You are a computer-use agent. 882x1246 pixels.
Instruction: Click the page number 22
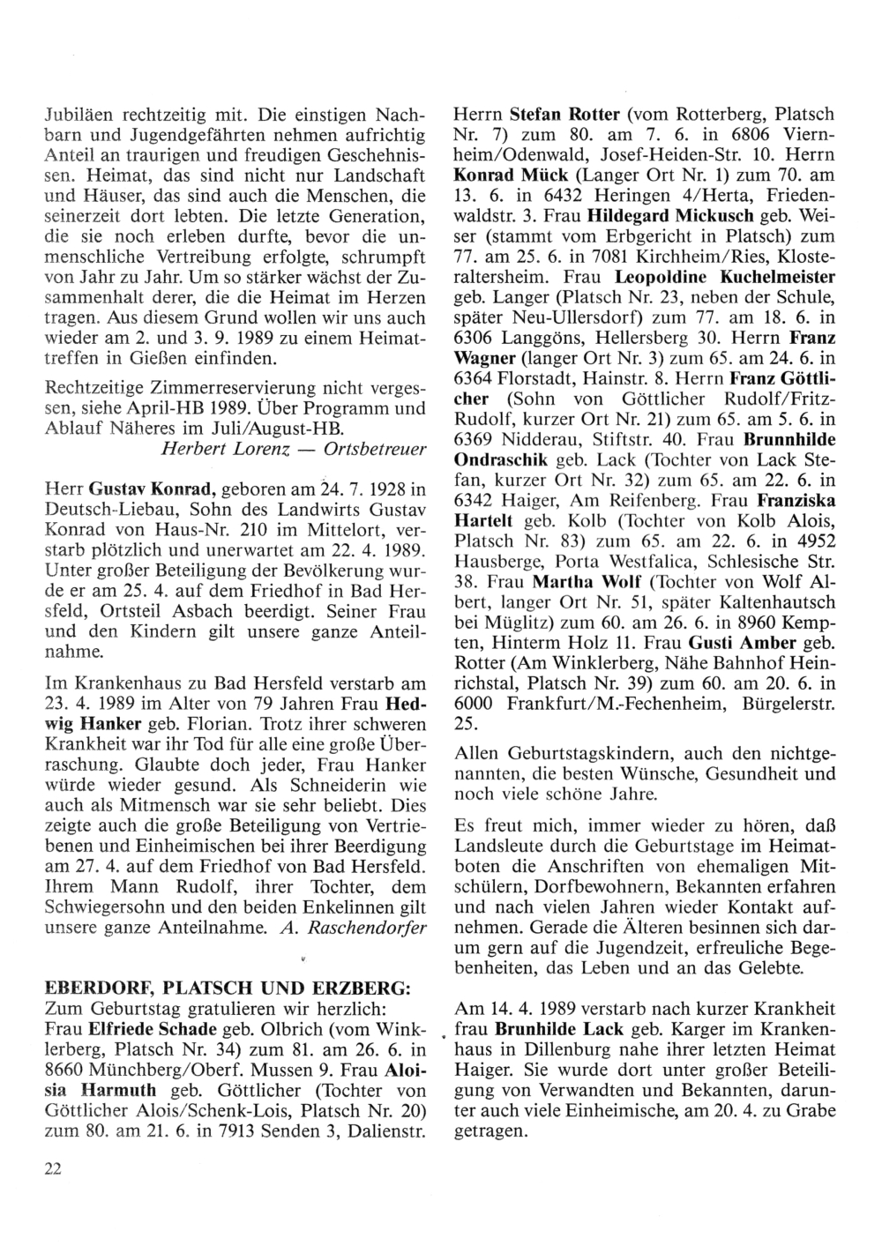tap(52, 1168)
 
